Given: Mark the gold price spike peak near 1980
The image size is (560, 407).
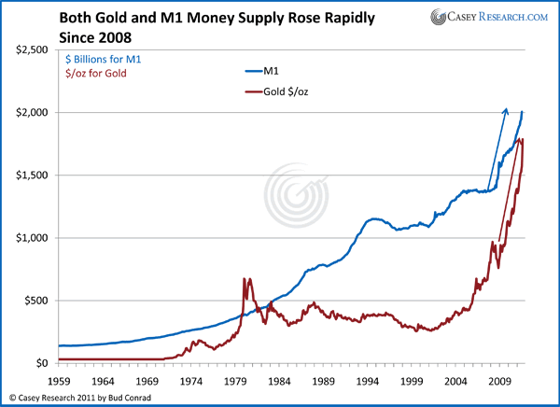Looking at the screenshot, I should coord(245,278).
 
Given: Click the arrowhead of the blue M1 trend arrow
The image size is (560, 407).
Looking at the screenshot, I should coord(506,109).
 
